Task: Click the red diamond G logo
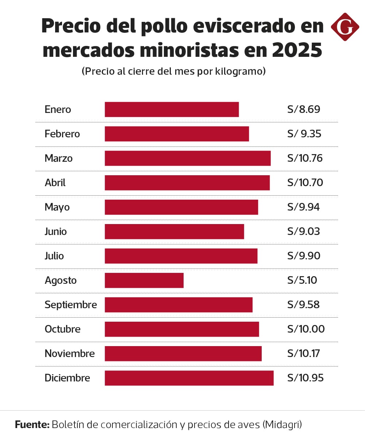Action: click(x=345, y=27)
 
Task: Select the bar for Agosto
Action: click(x=144, y=280)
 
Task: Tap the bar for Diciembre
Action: click(x=189, y=378)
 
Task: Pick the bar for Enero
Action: click(x=172, y=109)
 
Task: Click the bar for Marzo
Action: click(x=188, y=158)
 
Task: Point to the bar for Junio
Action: click(x=174, y=231)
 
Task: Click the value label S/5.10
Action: click(x=302, y=280)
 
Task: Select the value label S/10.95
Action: click(x=305, y=378)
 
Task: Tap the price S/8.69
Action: click(x=303, y=109)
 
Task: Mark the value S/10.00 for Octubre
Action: click(x=306, y=329)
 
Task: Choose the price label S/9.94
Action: click(x=303, y=207)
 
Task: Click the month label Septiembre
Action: click(x=71, y=305)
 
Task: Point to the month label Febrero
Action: click(x=62, y=134)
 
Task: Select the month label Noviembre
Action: click(x=70, y=353)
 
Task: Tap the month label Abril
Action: click(x=55, y=183)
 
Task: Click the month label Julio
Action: click(x=54, y=256)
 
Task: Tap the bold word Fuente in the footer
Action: click(x=32, y=424)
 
